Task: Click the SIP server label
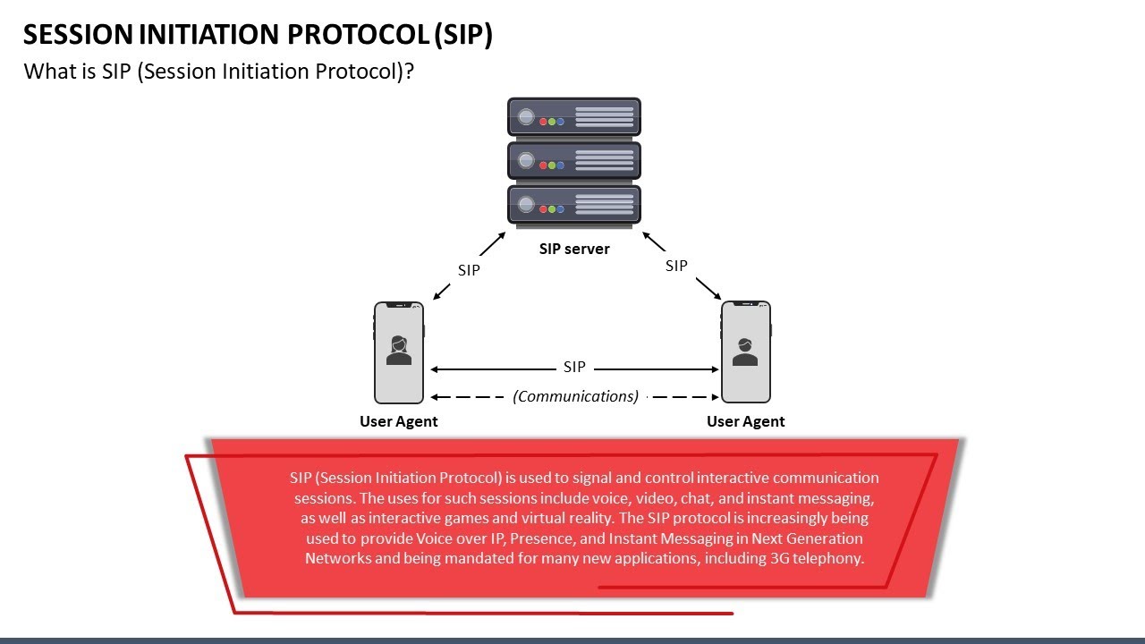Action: point(573,249)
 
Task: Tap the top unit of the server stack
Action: point(573,117)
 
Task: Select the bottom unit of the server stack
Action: point(573,204)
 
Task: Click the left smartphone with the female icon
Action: point(399,352)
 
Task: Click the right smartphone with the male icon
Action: point(745,352)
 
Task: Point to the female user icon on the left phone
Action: point(399,351)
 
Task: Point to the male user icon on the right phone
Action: point(744,352)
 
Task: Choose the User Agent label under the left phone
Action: point(398,421)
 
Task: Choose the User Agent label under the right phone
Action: point(745,421)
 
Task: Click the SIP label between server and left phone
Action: point(469,270)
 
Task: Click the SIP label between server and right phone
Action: point(676,266)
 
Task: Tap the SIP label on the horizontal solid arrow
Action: point(574,367)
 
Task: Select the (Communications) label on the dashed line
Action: point(575,396)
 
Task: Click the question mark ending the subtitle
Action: point(408,72)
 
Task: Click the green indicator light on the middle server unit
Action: point(552,165)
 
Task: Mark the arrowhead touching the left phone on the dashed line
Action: point(435,397)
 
